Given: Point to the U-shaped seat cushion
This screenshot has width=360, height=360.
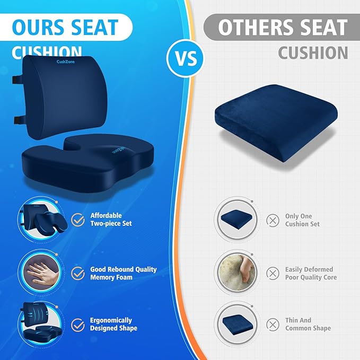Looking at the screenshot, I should tap(87, 156).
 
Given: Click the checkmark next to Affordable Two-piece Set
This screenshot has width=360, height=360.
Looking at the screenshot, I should tap(78, 219).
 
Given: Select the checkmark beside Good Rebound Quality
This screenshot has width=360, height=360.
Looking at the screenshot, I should tap(78, 273).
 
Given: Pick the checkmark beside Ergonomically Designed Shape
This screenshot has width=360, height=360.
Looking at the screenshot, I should tap(78, 324).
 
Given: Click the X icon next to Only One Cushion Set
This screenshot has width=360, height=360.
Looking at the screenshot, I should tap(273, 220).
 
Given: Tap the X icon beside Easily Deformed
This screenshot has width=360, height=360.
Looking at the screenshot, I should tap(273, 273).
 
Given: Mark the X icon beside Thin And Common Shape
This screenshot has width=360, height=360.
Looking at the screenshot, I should tap(273, 324).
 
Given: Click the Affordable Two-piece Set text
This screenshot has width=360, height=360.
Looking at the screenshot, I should tap(111, 219).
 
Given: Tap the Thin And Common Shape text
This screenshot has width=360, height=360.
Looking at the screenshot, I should tap(308, 324).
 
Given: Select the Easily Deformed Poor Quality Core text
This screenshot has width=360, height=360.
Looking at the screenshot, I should tap(311, 274).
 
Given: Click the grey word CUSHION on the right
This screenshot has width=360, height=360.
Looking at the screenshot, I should tap(313, 53).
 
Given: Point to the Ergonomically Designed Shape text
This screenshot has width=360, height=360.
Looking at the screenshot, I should tap(113, 324).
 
